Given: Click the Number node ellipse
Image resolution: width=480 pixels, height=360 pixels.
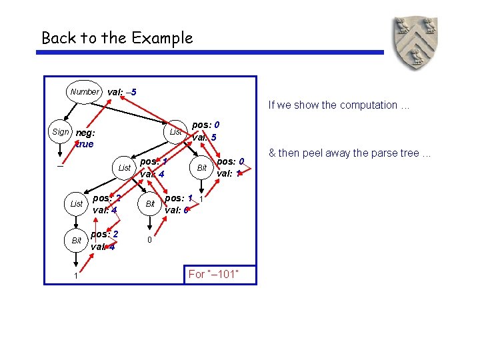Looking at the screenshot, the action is click(85, 91).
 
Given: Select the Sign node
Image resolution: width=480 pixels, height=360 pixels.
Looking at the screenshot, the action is click(61, 132).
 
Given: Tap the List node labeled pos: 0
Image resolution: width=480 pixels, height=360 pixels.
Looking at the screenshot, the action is click(175, 132).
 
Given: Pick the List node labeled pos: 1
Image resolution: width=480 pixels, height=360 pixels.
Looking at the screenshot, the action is click(124, 168).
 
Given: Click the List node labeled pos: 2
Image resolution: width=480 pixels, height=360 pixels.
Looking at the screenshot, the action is click(77, 203).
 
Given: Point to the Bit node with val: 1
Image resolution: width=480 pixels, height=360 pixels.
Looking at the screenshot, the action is click(202, 168).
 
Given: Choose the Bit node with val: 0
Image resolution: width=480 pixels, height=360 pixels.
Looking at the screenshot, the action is click(151, 203).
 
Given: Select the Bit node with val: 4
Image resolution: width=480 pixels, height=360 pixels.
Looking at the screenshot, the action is click(77, 239).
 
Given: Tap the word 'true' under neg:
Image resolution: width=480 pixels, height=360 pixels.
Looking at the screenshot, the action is click(84, 144).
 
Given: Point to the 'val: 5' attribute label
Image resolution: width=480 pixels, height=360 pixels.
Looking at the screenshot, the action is click(204, 138).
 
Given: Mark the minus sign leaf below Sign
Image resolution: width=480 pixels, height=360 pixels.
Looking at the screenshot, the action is click(60, 167).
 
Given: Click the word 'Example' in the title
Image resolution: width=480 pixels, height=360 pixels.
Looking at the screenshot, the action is click(161, 38).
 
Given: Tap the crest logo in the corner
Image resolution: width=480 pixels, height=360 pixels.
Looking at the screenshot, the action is click(415, 44).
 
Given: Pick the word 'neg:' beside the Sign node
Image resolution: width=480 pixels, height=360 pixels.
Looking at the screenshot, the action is click(85, 133).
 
